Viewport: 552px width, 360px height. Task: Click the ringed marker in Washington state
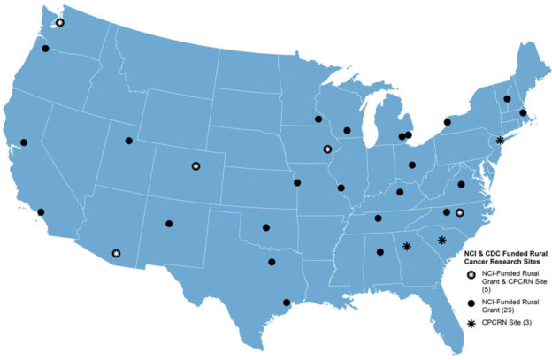[x=59, y=23]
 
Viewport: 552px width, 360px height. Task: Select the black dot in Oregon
[x=46, y=49]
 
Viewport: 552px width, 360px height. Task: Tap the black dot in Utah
[x=129, y=141]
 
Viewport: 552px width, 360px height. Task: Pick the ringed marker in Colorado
[x=195, y=165]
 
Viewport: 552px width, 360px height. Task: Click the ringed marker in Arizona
[x=116, y=253]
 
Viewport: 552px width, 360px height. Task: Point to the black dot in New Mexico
[x=169, y=224]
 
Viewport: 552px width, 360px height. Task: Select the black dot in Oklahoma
[x=266, y=227]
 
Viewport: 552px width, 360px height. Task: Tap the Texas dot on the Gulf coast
[x=286, y=303]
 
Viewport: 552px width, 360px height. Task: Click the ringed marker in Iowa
[x=327, y=149]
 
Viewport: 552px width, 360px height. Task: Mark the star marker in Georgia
[x=407, y=247]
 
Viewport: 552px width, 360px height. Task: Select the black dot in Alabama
[x=381, y=254]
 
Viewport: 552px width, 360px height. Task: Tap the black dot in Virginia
[x=461, y=184]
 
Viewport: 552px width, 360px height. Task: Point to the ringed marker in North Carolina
[x=460, y=212]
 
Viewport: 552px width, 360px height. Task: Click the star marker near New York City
[x=500, y=141]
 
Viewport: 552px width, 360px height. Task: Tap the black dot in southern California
[x=41, y=211]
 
